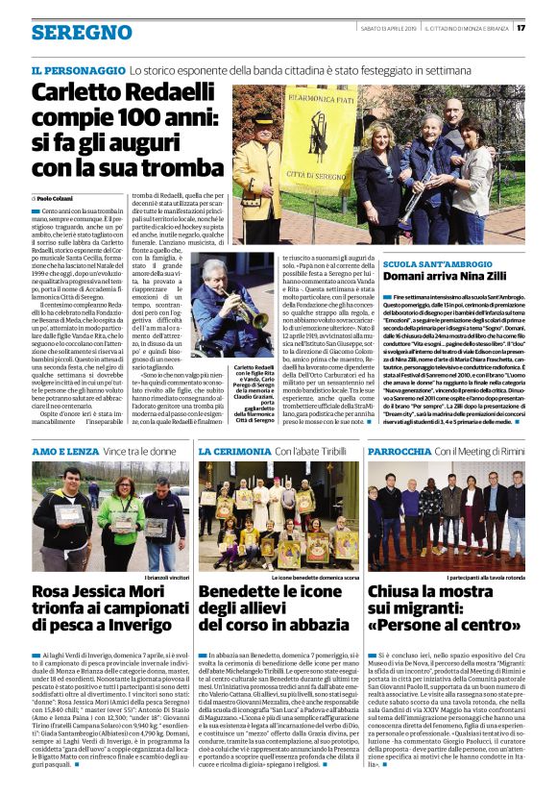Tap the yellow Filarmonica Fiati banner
[x=305, y=135]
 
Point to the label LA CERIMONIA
[x=235, y=451]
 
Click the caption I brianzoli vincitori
[x=164, y=577]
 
